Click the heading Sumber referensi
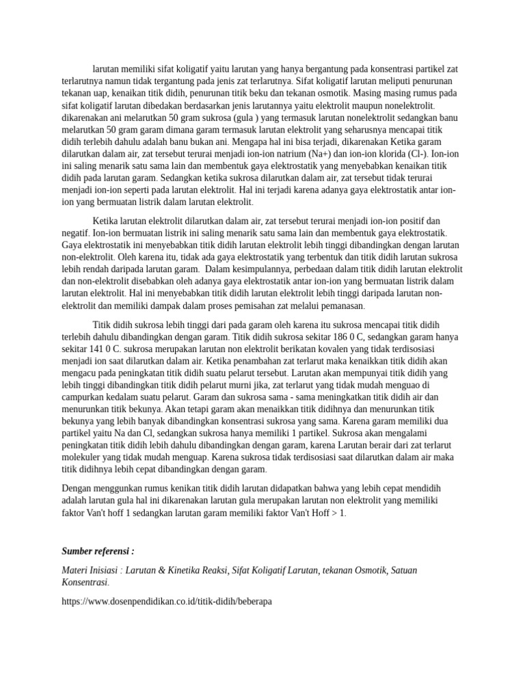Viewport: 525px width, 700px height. tap(98, 551)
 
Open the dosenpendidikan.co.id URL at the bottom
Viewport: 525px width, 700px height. tap(167, 602)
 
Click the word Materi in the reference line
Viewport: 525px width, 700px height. tap(75, 570)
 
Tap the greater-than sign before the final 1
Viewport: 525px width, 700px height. tap(336, 513)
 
